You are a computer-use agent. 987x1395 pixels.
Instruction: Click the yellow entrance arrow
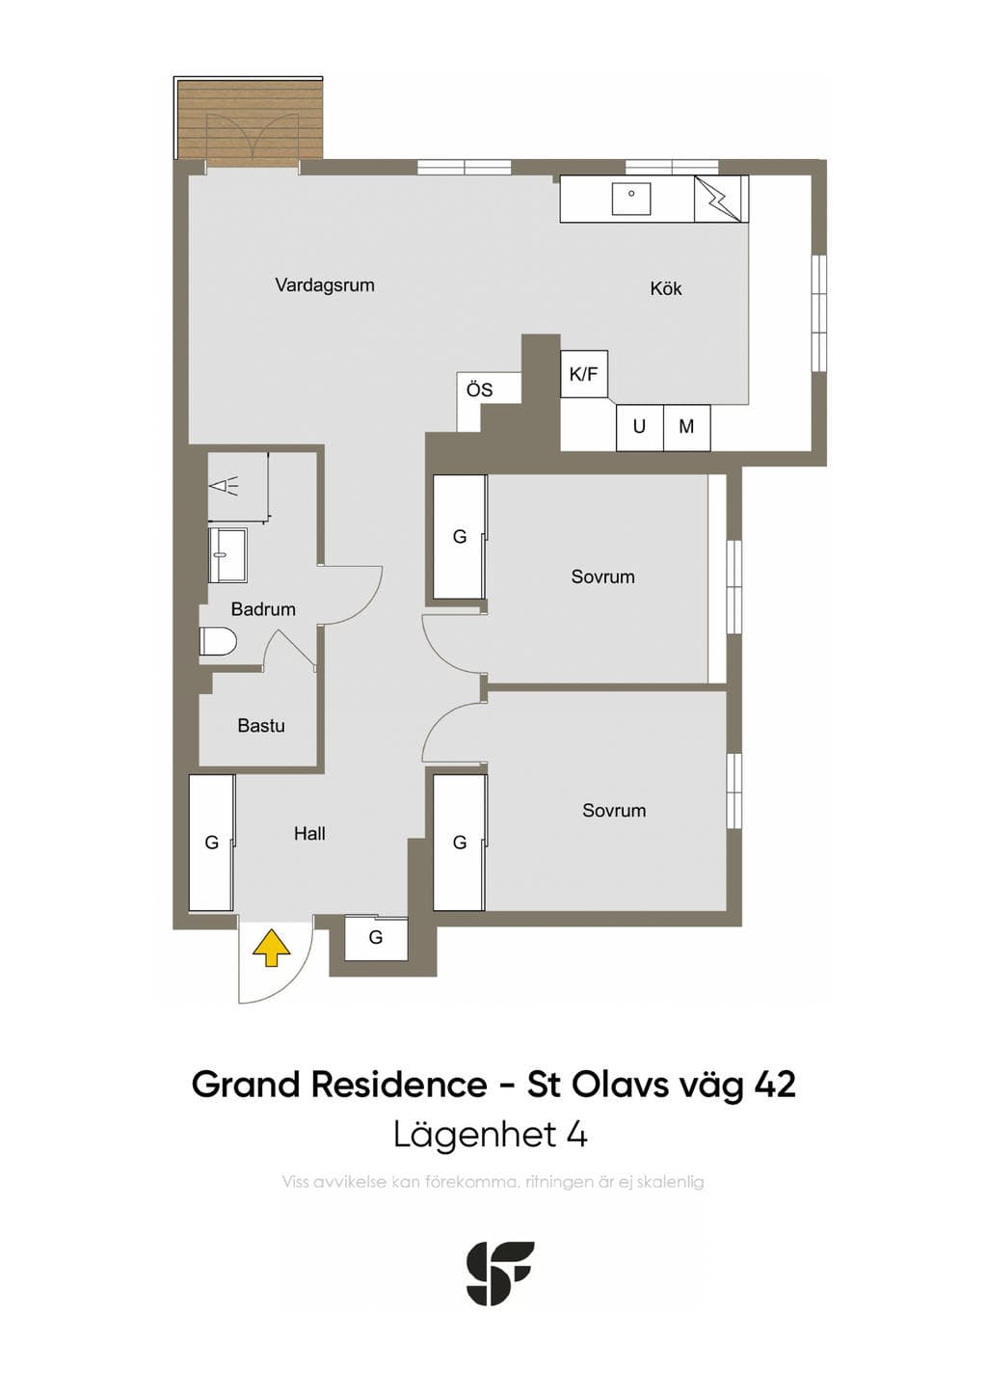pyautogui.click(x=272, y=948)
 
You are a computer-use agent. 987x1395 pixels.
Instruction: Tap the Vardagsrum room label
pyautogui.click(x=325, y=286)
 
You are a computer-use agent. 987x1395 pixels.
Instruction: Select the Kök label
pyautogui.click(x=666, y=288)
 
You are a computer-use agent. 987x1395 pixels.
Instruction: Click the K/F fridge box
pyautogui.click(x=584, y=374)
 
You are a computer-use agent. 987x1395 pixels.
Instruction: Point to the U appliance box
pyautogui.click(x=640, y=427)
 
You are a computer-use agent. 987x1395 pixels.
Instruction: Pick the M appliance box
pyautogui.click(x=687, y=427)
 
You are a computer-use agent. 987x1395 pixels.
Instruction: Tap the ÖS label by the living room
pyautogui.click(x=479, y=390)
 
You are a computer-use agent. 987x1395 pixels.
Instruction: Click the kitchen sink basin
pyautogui.click(x=631, y=199)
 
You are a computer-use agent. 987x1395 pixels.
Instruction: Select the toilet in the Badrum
pyautogui.click(x=218, y=641)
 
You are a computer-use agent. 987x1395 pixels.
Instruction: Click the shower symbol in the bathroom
pyautogui.click(x=226, y=485)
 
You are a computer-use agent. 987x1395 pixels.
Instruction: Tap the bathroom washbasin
pyautogui.click(x=227, y=555)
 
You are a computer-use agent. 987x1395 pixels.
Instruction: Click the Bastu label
pyautogui.click(x=261, y=726)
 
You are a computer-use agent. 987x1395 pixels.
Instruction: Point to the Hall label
pyautogui.click(x=309, y=834)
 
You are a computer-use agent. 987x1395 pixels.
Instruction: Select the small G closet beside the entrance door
pyautogui.click(x=376, y=937)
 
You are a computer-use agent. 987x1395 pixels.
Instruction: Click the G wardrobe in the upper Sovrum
pyautogui.click(x=460, y=537)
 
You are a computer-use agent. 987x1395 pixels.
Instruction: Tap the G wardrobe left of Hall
pyautogui.click(x=212, y=843)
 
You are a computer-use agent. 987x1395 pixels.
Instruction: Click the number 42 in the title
pyautogui.click(x=775, y=1085)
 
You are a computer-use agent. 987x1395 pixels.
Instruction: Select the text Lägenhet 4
pyautogui.click(x=491, y=1136)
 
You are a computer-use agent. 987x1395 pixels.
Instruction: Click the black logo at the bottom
pyautogui.click(x=500, y=1273)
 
